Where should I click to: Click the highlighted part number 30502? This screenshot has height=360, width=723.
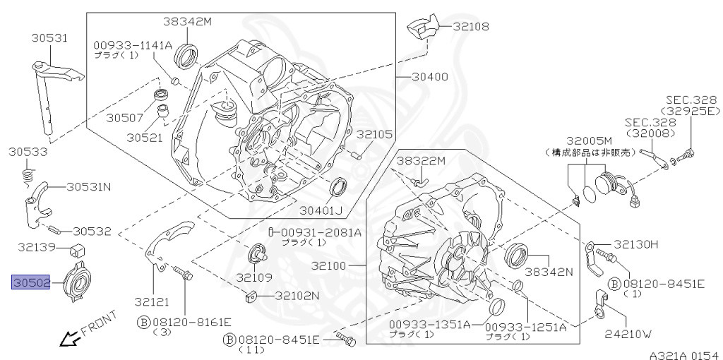30,283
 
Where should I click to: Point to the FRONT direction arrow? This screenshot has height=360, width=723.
69,341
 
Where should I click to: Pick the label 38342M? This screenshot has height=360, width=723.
188,22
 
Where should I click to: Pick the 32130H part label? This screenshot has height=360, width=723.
635,244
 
